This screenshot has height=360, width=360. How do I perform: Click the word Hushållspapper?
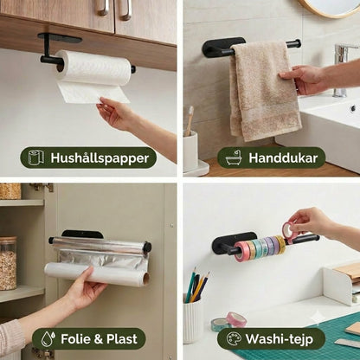[100, 158]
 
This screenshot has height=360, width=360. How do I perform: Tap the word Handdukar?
[283, 158]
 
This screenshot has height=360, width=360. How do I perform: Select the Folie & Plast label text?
[99, 339]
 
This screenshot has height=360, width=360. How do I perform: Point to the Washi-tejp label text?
[279, 339]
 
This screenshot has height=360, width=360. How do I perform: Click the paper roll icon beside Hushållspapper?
[36, 157]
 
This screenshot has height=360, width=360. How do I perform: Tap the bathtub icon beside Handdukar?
[234, 157]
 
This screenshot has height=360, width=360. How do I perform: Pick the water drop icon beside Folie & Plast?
[48, 338]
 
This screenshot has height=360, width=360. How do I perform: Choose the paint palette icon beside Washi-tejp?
[234, 338]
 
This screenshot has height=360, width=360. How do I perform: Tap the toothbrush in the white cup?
[190, 121]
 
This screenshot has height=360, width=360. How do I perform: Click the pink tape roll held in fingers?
[290, 229]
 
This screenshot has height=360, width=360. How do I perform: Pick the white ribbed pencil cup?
[193, 318]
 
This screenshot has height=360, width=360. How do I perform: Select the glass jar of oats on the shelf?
[8, 263]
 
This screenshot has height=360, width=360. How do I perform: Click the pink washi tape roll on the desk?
[236, 318]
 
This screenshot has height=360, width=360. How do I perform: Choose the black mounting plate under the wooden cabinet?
[60, 37]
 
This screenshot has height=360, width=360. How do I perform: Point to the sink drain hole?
[353, 108]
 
